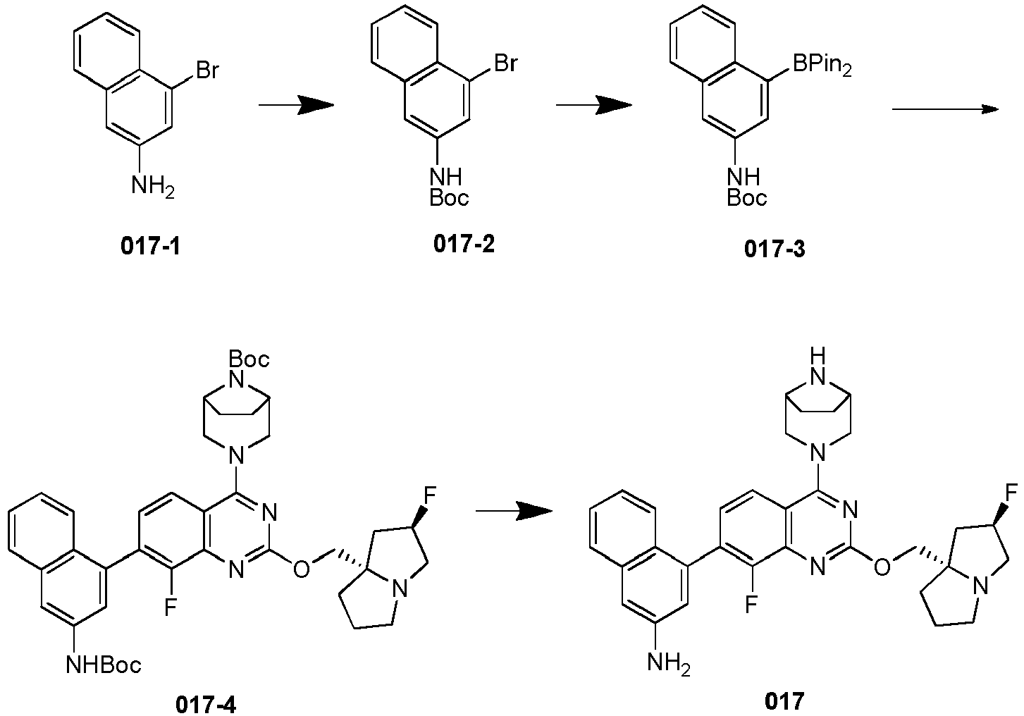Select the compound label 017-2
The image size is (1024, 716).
[x=464, y=244]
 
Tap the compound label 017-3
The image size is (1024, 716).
[x=775, y=249]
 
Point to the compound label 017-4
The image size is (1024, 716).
[x=206, y=705]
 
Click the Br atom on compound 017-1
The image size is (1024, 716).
[x=207, y=71]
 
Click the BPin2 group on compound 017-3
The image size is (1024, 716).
[x=822, y=66]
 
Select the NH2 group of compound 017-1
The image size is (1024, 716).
[x=153, y=187]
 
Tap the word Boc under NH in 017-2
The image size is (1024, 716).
[x=450, y=198]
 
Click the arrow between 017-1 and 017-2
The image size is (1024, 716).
[x=296, y=105]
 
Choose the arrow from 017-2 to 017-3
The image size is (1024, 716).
[x=594, y=105]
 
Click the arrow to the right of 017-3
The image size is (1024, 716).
[x=945, y=109]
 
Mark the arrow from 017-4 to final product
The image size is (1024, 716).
[x=514, y=510]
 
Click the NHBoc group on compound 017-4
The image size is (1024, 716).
[x=104, y=665]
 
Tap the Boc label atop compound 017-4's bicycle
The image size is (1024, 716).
[x=249, y=359]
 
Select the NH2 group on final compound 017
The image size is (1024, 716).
[x=669, y=662]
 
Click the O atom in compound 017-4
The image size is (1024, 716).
[x=301, y=569]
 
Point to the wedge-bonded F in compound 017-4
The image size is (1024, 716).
[x=430, y=494]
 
